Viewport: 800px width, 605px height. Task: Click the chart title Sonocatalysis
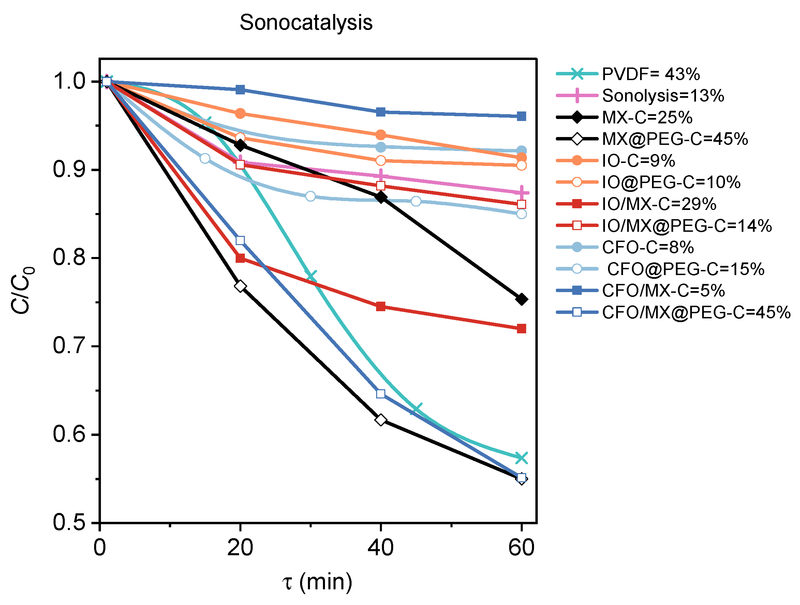[x=306, y=22]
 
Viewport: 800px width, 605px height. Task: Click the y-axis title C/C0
[x=23, y=290]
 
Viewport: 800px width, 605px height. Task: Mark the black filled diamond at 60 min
[x=521, y=299]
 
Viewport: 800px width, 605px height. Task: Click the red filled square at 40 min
[x=381, y=306]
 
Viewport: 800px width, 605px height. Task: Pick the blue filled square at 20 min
[x=240, y=90]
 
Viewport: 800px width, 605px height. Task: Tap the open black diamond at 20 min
[x=240, y=286]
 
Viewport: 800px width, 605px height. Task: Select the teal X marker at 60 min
[x=521, y=458]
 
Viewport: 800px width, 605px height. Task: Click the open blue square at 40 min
[x=381, y=394]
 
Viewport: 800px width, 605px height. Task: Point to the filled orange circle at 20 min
[x=240, y=114]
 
